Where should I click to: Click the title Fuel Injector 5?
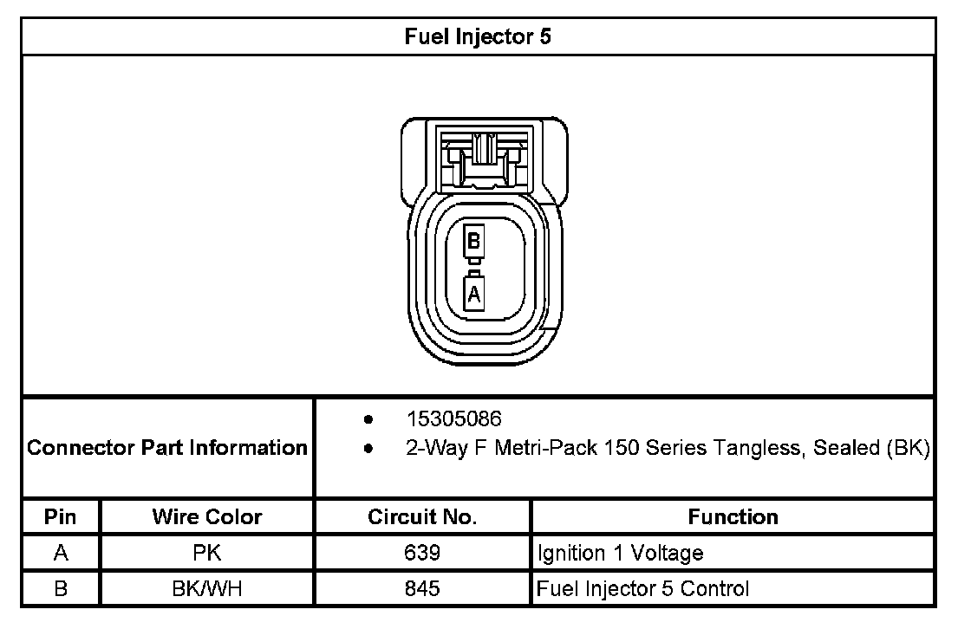pyautogui.click(x=478, y=37)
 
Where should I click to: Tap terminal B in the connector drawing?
pyautogui.click(x=473, y=243)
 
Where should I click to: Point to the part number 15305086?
pyautogui.click(x=454, y=419)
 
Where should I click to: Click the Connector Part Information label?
pyautogui.click(x=167, y=448)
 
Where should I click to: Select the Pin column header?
pyautogui.click(x=61, y=517)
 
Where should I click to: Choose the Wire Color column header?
pyautogui.click(x=207, y=517)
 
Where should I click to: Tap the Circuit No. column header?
pyautogui.click(x=422, y=517)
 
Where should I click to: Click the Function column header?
pyautogui.click(x=733, y=517)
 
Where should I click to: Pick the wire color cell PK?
pyautogui.click(x=207, y=553)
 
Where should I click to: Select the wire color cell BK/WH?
pyautogui.click(x=207, y=589)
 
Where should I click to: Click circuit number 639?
pyautogui.click(x=422, y=553)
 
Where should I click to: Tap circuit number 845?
pyautogui.click(x=422, y=589)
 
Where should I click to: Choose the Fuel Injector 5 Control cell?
pyautogui.click(x=643, y=589)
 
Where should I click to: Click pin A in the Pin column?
pyautogui.click(x=61, y=553)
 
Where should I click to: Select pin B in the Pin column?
pyautogui.click(x=61, y=589)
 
